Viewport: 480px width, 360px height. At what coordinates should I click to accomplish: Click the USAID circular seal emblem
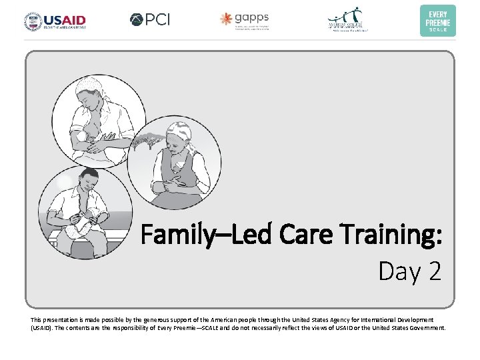pyautogui.click(x=32, y=21)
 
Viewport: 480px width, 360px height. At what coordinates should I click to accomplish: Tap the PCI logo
pyautogui.click(x=150, y=20)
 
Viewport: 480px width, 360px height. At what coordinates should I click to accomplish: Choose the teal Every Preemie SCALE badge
pyautogui.click(x=438, y=21)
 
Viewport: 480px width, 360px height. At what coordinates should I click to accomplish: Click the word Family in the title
pyautogui.click(x=175, y=235)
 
